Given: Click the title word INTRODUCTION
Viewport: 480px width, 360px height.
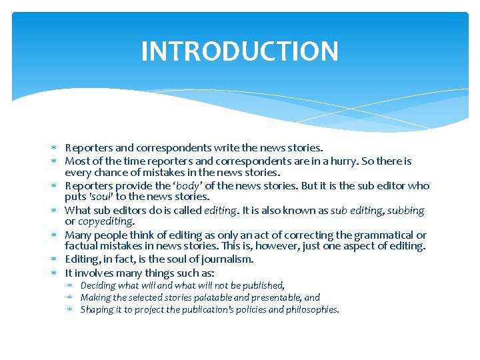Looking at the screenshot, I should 239,51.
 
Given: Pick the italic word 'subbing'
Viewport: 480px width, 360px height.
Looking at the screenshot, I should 405,210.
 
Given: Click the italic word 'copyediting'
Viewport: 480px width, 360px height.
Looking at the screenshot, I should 106,221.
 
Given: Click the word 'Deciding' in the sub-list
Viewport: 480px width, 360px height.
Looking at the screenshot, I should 98,285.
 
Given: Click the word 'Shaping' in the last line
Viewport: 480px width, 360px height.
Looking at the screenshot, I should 97,309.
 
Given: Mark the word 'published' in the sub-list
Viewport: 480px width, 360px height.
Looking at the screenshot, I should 263,285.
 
